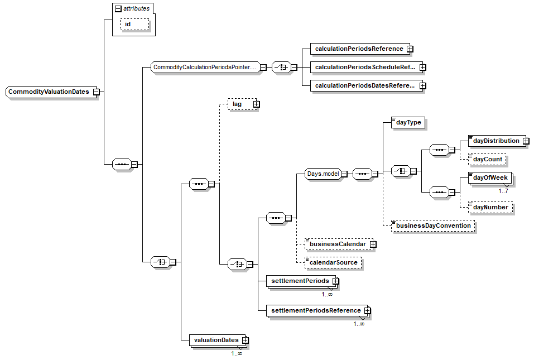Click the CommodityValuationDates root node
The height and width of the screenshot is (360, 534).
click(49, 92)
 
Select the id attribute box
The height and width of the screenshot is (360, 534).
click(134, 24)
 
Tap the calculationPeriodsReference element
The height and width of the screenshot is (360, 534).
click(358, 49)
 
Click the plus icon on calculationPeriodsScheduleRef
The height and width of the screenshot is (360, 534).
click(422, 68)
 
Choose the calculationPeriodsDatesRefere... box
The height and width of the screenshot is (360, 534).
click(364, 86)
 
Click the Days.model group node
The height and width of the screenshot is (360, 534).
click(323, 174)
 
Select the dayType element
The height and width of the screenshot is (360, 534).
click(406, 123)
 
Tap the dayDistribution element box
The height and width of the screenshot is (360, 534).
click(495, 141)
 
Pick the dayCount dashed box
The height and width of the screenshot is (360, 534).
click(487, 159)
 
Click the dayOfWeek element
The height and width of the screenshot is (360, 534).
click(489, 177)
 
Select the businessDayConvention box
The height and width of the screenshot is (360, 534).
click(433, 225)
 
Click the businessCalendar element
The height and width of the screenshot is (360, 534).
click(337, 244)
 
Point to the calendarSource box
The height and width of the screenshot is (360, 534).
click(333, 262)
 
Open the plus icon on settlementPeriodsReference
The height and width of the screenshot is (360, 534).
click(367, 310)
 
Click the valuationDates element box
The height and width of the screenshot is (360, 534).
click(215, 340)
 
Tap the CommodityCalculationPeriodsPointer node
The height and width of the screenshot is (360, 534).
click(204, 68)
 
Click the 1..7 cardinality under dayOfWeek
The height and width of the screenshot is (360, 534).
click(503, 191)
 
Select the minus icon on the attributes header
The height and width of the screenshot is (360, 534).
click(118, 8)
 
